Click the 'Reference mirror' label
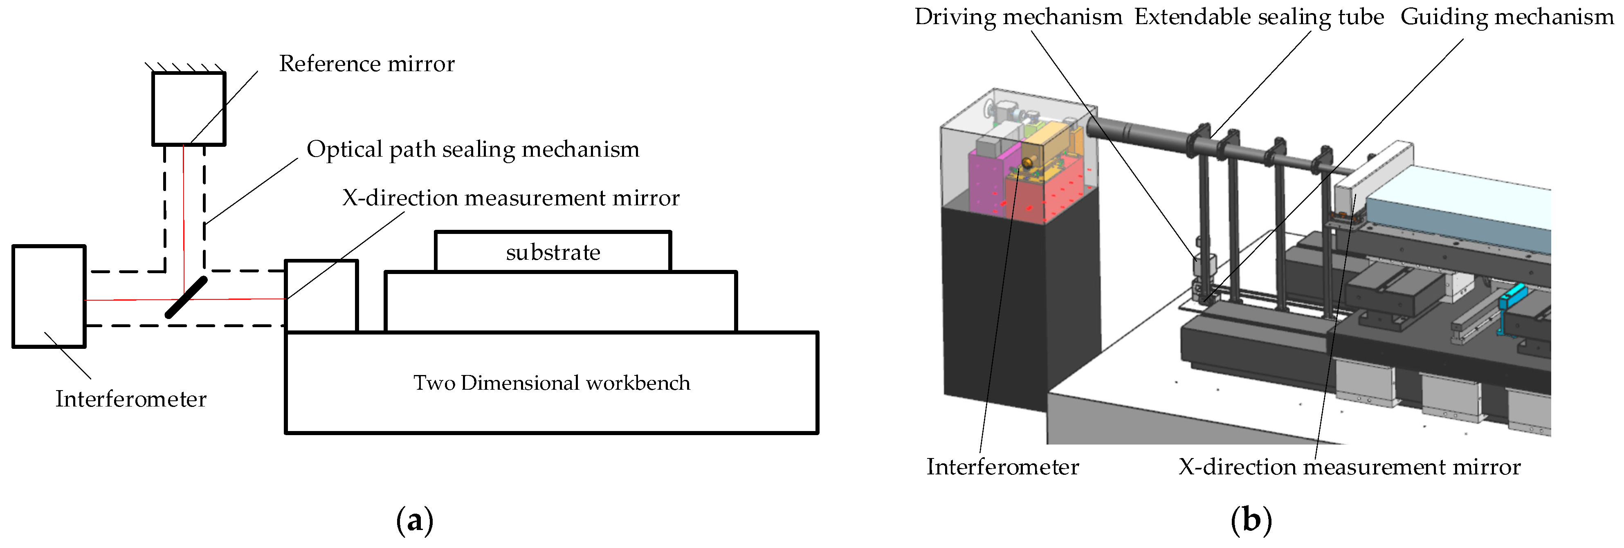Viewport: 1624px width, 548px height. [366, 64]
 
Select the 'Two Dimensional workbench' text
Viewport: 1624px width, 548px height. [552, 383]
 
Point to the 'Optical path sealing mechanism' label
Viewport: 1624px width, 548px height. [473, 149]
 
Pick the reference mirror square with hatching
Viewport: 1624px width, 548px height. [189, 108]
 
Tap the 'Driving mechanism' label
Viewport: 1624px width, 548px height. [1018, 17]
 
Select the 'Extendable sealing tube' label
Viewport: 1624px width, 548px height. [1259, 17]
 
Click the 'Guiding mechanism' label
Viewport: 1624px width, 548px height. [1506, 17]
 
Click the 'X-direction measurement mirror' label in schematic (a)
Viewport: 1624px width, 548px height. [511, 198]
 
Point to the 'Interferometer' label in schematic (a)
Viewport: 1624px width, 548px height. [130, 399]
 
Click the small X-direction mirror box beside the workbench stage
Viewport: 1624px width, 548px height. [321, 296]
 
